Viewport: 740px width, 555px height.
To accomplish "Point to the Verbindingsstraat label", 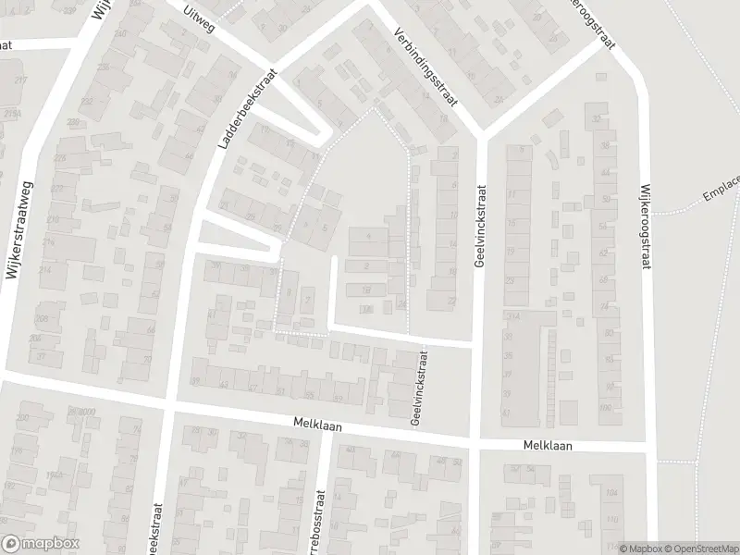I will (x=426, y=66).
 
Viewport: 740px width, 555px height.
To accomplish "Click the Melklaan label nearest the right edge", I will (x=546, y=446).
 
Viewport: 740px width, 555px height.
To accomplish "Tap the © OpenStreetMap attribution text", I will (x=700, y=548).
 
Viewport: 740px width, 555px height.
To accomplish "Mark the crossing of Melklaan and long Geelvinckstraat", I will (x=474, y=444).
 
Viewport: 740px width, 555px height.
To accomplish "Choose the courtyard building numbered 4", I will (x=369, y=238).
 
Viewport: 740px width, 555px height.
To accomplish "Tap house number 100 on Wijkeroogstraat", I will (x=607, y=408).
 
